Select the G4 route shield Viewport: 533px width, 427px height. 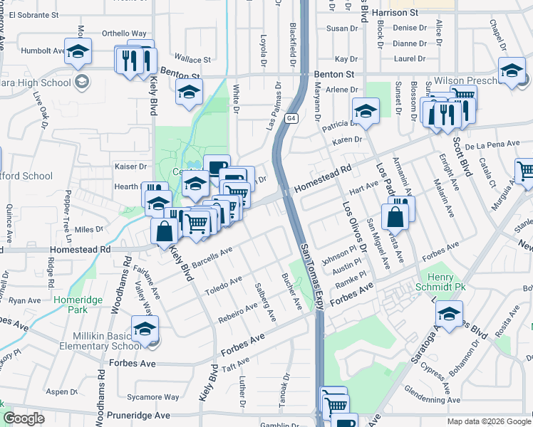(291, 120)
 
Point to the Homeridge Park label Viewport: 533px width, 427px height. (78, 305)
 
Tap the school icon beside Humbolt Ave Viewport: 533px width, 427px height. (78, 51)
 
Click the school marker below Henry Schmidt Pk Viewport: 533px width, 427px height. (449, 313)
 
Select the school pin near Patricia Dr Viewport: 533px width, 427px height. (366, 111)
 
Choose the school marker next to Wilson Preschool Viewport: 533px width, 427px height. (511, 71)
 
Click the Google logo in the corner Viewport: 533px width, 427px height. (24, 418)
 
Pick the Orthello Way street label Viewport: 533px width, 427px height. (124, 33)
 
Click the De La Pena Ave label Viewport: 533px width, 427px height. (495, 144)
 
